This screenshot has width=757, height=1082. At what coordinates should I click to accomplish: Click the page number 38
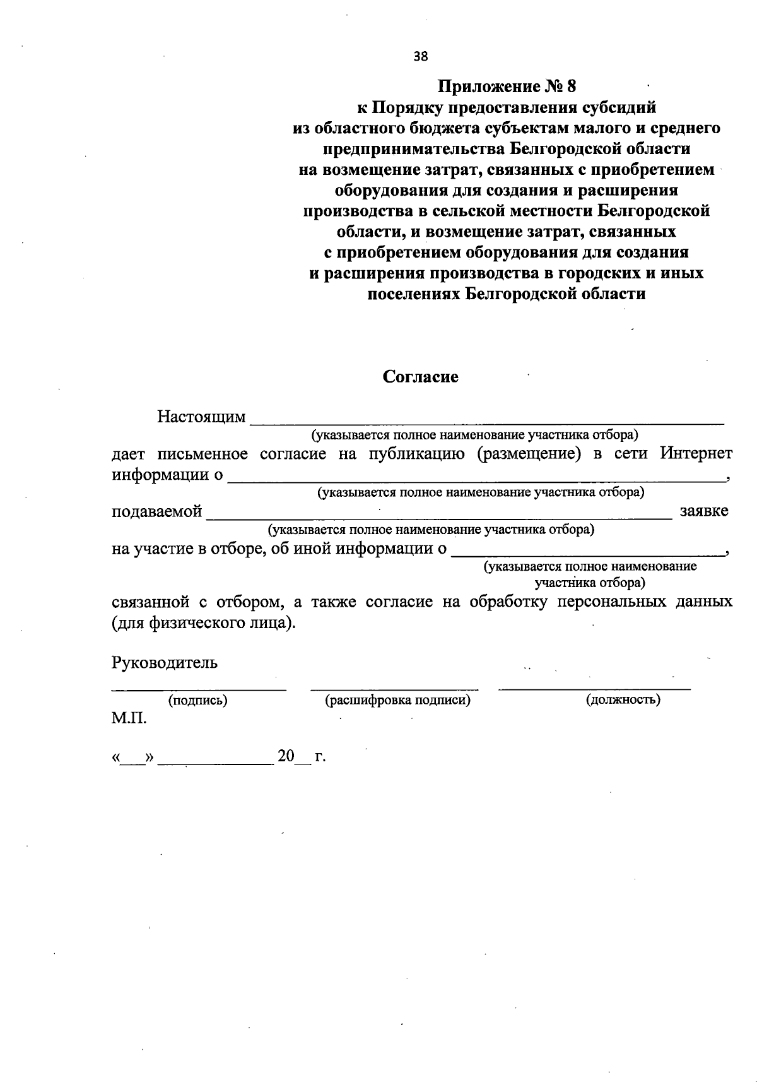(x=421, y=56)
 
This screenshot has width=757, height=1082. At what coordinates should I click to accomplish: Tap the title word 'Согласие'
(x=421, y=377)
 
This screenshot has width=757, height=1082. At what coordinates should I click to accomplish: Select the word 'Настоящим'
(x=201, y=417)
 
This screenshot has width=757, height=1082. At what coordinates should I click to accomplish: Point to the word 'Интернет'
(x=696, y=453)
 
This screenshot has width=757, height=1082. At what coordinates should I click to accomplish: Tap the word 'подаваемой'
(x=157, y=511)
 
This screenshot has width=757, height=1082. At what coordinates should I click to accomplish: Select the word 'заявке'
(x=704, y=511)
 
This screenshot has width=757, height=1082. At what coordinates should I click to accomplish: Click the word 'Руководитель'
(x=165, y=662)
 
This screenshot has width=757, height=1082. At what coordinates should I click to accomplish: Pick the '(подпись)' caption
(x=197, y=699)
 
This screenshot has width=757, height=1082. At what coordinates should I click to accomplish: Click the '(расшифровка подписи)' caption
(x=397, y=699)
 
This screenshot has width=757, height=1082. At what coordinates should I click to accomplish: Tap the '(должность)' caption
(x=623, y=699)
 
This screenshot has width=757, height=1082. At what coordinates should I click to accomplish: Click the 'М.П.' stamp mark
(x=129, y=718)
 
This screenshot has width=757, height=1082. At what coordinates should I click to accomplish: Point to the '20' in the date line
(x=286, y=756)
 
